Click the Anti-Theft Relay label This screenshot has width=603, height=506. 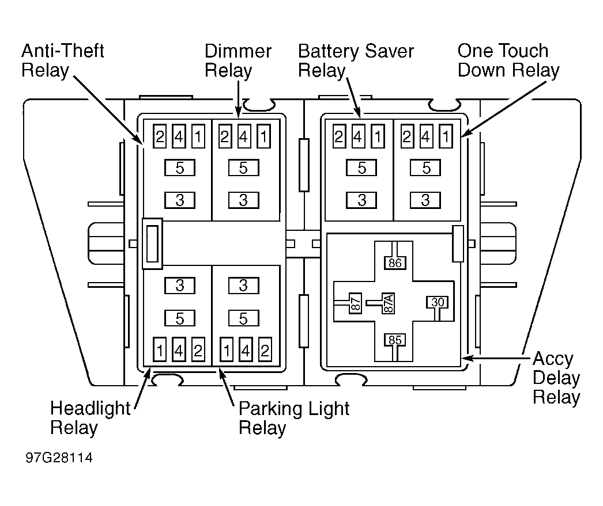coord(62,60)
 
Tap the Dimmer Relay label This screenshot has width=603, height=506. coord(238,60)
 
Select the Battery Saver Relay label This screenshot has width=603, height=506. coord(356,60)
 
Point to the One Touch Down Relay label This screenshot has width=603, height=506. coord(508,60)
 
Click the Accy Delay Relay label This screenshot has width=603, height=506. coord(556,378)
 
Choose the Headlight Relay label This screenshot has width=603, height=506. coord(91,418)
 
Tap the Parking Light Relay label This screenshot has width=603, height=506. coord(294,418)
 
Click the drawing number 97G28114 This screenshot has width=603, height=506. coord(59,458)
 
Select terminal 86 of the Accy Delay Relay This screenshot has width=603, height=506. coord(395,263)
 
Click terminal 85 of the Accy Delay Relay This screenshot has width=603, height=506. coord(395,340)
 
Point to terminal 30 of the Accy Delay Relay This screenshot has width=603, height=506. coord(438,302)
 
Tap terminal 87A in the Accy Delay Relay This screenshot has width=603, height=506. coord(389,303)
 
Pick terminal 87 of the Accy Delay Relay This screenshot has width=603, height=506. coord(356,303)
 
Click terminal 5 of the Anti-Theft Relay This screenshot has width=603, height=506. coord(180,168)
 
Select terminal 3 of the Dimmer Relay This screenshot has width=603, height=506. coord(244,200)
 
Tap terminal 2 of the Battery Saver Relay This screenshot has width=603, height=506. coord(339,136)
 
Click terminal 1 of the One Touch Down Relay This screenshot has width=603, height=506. coord(446,136)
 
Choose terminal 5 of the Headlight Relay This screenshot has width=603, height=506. coord(180,318)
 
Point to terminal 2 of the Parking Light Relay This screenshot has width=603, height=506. coord(265,349)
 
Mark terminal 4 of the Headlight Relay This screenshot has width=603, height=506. coord(179,349)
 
